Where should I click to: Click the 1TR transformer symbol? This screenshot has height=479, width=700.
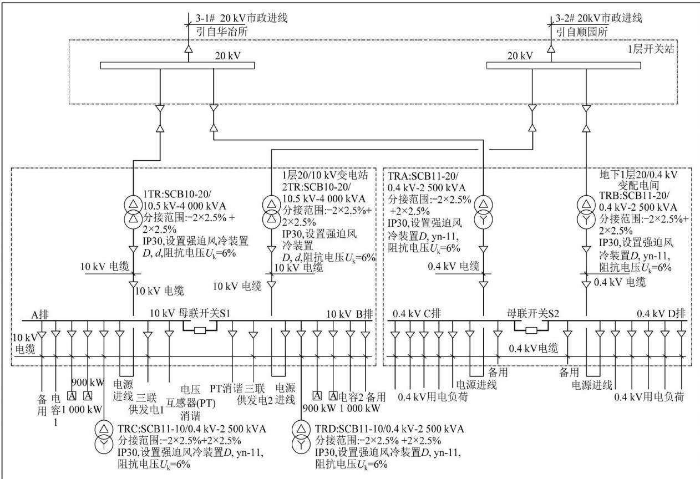(134, 212)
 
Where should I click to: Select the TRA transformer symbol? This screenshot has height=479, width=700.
(483, 213)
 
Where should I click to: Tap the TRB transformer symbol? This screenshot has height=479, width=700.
(586, 213)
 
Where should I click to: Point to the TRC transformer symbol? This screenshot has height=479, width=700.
(104, 437)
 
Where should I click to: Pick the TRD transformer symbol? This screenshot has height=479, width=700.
(301, 437)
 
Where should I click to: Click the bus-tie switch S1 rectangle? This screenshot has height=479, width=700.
(200, 330)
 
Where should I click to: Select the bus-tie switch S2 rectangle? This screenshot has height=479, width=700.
(531, 330)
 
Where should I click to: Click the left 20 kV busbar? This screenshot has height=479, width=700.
(177, 65)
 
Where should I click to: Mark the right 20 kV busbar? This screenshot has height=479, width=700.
(564, 65)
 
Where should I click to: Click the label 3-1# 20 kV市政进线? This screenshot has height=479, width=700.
(241, 18)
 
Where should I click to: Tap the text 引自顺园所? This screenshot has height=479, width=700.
(582, 32)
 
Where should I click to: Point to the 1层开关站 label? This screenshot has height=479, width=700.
(651, 49)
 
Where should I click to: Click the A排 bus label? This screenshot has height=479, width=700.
(40, 315)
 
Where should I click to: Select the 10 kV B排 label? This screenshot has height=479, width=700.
(349, 314)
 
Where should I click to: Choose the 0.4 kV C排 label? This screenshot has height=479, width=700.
(417, 313)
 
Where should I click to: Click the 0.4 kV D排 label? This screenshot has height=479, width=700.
(661, 313)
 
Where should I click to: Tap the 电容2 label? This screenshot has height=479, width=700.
(351, 397)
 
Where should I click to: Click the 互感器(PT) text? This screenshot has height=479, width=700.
(191, 403)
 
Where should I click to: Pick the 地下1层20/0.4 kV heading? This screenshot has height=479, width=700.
(638, 175)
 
